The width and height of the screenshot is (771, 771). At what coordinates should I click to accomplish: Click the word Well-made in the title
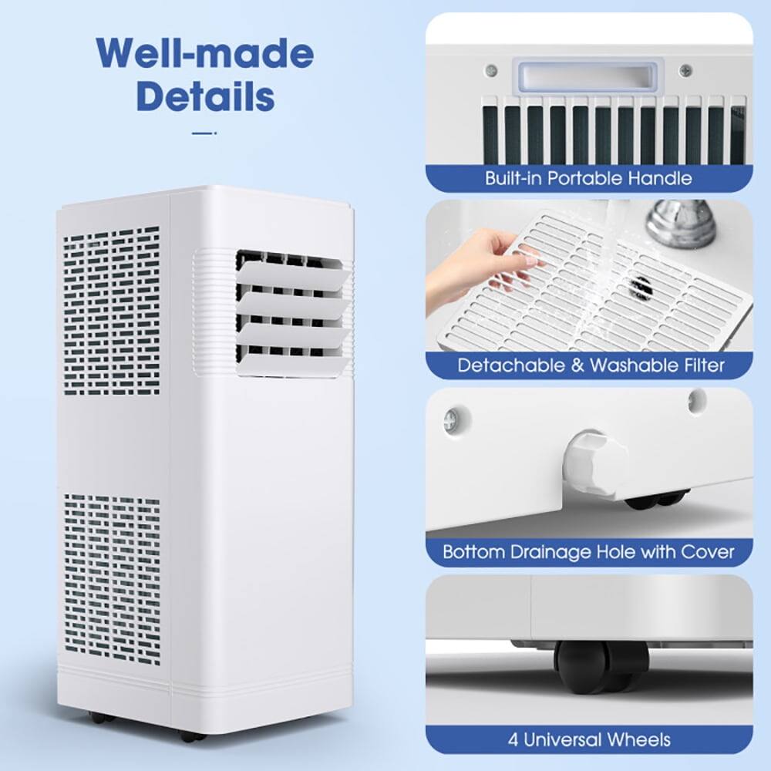204,54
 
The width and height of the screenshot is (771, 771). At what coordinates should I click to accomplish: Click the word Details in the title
205,96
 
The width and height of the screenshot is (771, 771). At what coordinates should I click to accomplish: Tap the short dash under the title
204,133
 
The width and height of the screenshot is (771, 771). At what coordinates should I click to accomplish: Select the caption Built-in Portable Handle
588,178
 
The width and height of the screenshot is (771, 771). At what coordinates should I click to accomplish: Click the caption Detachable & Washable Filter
591,365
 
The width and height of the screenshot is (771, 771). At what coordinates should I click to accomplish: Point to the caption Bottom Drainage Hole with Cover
588,552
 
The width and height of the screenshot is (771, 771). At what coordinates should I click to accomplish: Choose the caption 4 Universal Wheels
590,739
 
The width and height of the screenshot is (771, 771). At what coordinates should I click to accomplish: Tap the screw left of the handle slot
491,71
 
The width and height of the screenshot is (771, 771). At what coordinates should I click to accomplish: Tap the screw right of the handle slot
685,71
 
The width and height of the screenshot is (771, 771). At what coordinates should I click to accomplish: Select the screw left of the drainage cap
450,420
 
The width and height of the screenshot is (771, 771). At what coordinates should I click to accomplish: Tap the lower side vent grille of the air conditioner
112,578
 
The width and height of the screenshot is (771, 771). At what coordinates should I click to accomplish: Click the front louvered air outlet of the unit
289,312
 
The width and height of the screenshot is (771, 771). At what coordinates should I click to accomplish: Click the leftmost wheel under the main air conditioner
101,717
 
